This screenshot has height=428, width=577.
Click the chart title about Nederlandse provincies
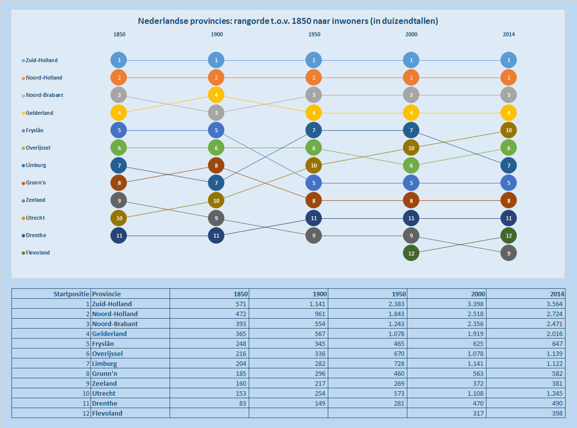tap(288, 21)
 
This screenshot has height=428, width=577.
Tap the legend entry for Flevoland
tap(38, 253)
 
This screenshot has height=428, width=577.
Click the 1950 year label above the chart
tap(314, 35)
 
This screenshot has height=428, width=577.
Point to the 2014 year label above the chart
tap(508, 35)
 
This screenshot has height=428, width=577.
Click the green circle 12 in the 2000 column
tap(411, 253)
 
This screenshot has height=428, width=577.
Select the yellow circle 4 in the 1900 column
tap(216, 95)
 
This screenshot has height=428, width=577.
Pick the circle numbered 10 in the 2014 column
tap(508, 130)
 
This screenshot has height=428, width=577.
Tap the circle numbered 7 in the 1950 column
tap(314, 130)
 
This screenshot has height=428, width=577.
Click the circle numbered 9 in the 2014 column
tap(508, 253)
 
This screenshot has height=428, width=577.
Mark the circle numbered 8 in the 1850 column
tap(119, 183)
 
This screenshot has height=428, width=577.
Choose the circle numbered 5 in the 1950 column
tap(314, 183)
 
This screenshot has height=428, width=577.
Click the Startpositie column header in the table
tap(71, 294)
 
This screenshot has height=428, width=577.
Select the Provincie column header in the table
tap(106, 294)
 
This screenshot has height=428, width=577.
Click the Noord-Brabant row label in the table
tap(115, 324)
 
